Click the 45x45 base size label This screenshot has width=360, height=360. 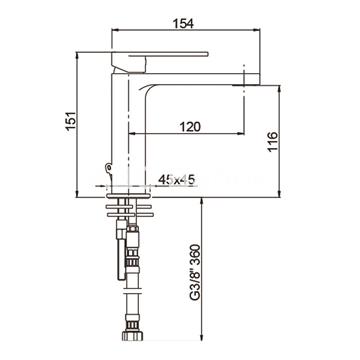[x=176, y=180]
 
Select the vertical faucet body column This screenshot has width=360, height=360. [x=127, y=130]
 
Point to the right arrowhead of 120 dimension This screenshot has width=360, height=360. [x=242, y=137]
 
